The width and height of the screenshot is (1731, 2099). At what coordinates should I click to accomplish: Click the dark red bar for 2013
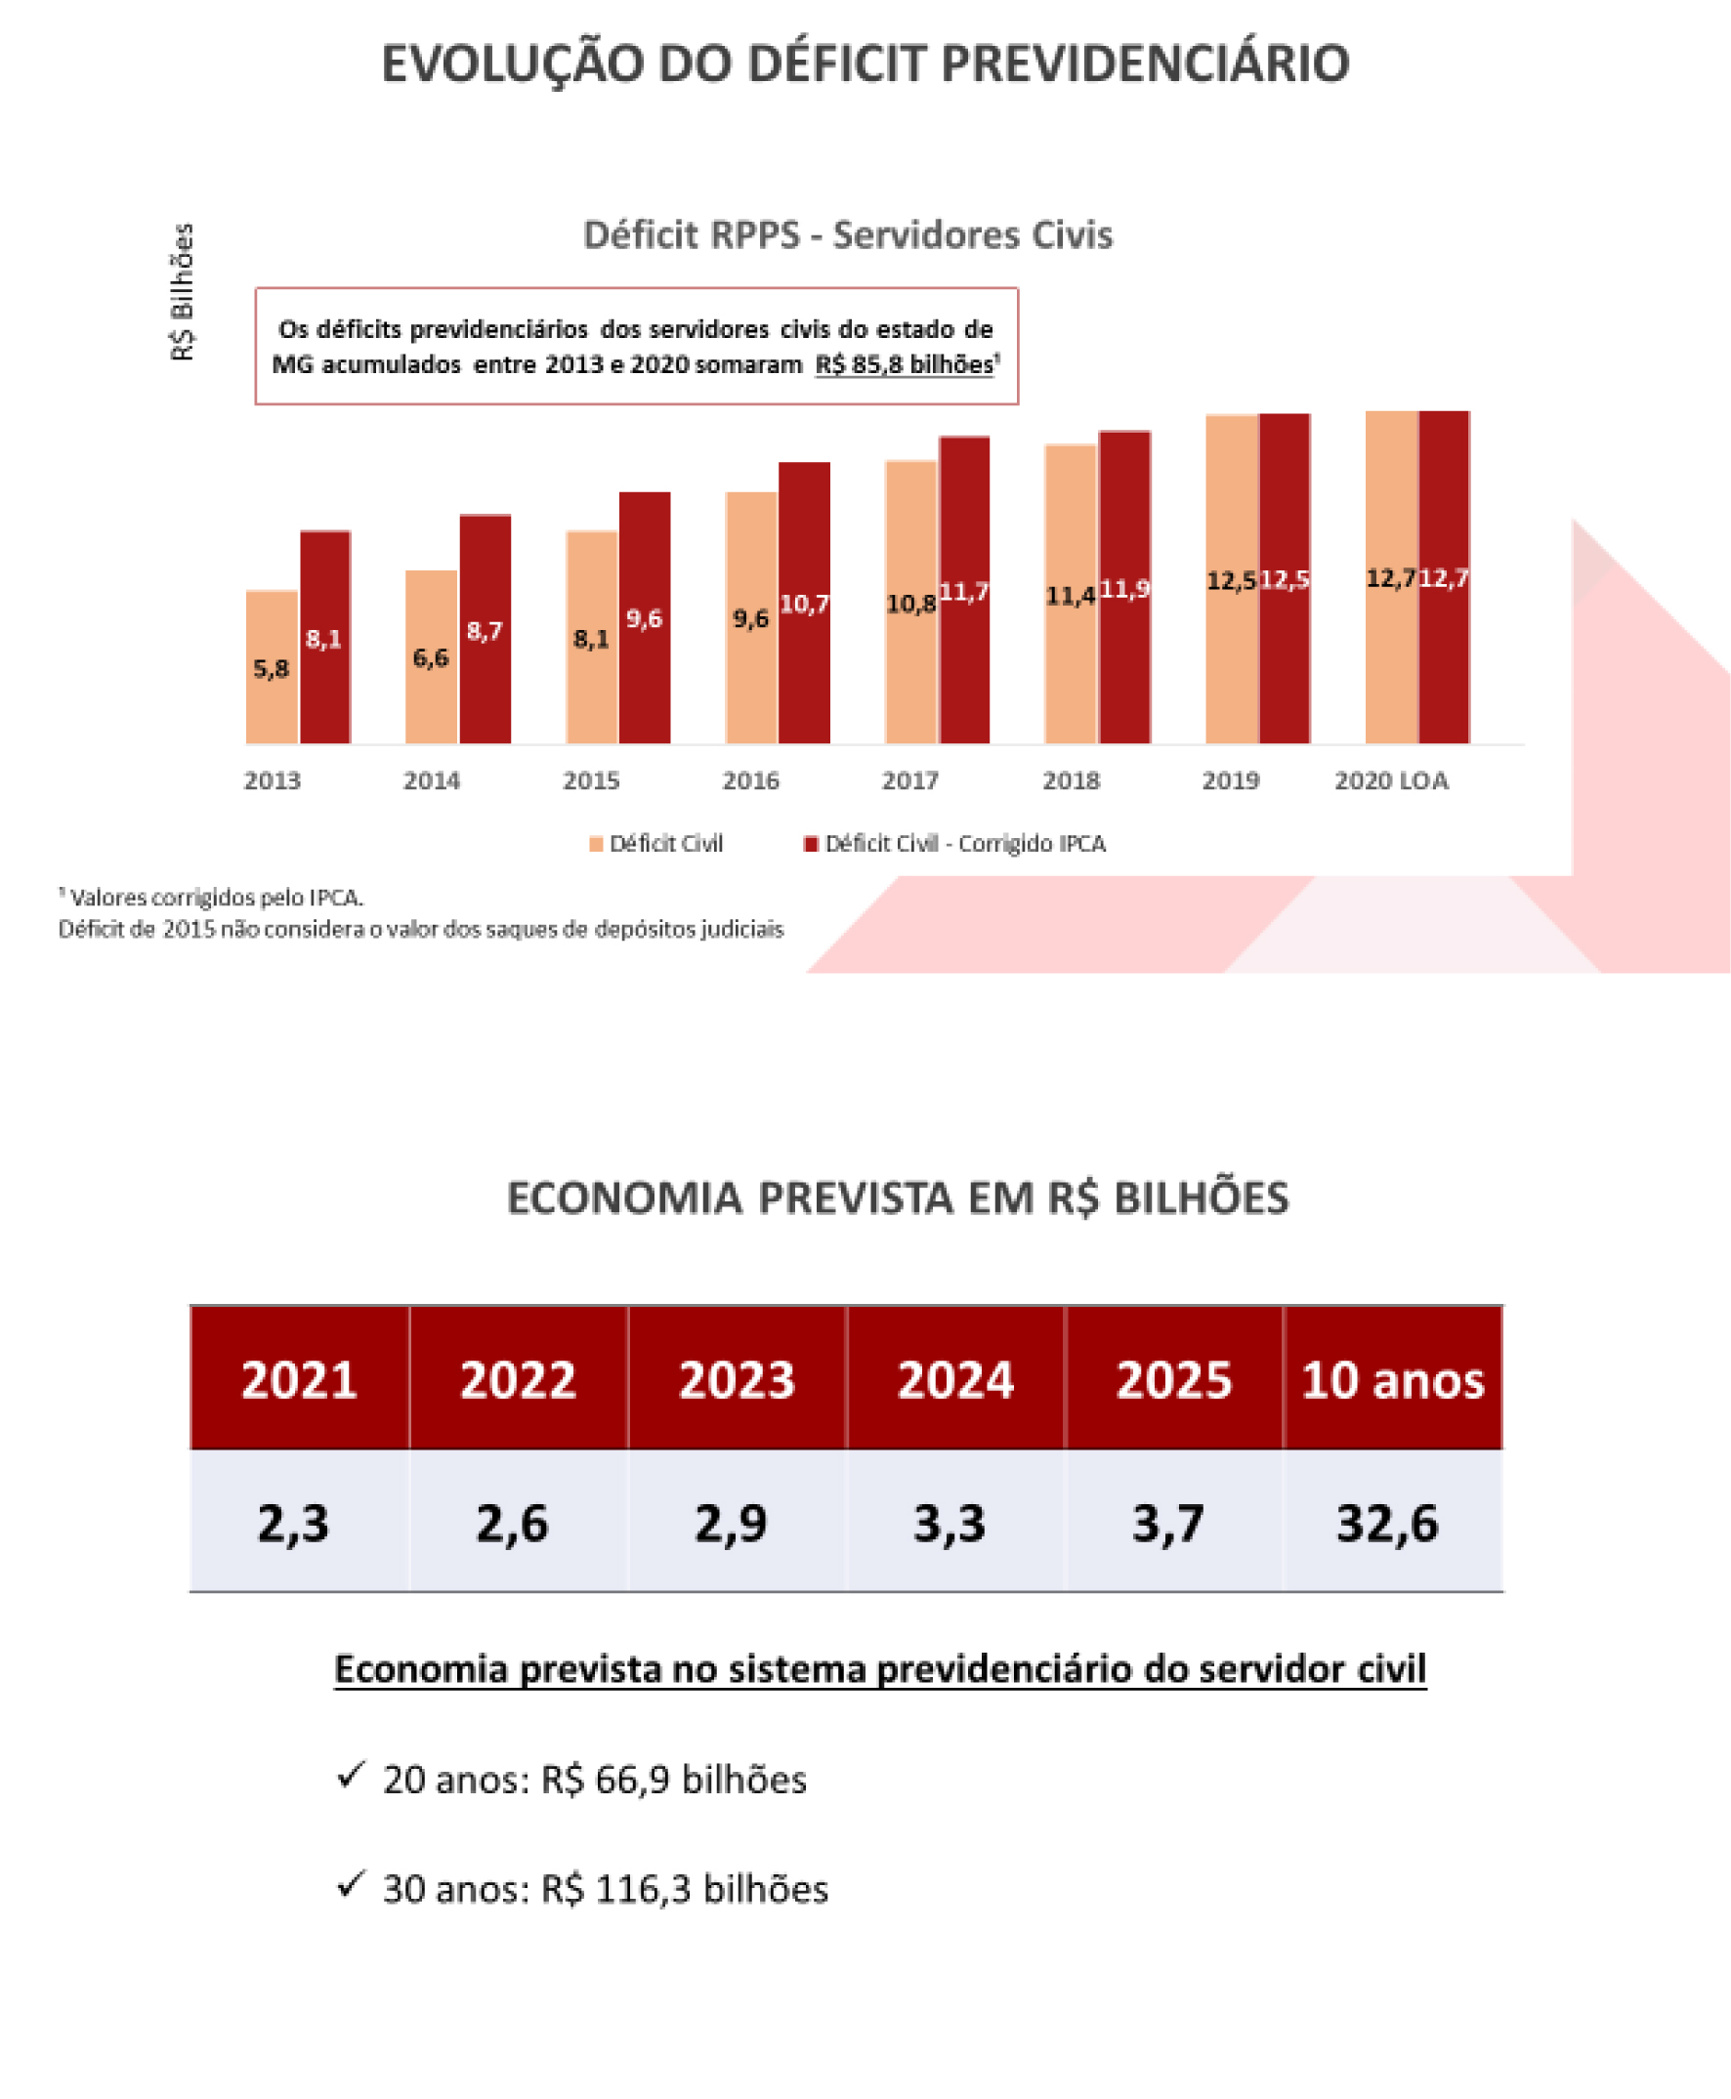pos(325,637)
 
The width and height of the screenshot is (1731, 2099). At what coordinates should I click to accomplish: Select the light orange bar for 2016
pos(751,618)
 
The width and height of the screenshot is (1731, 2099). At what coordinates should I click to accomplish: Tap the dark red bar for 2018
pos(1124,587)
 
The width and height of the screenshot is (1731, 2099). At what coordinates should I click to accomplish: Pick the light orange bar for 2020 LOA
pos(1391,577)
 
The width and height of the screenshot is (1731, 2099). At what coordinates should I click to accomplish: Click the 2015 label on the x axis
pos(591,780)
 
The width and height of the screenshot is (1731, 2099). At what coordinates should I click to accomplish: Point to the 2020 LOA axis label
pos(1391,780)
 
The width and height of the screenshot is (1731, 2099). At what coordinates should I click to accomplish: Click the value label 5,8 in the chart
pos(272,668)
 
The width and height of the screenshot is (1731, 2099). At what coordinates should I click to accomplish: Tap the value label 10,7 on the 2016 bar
pos(805,605)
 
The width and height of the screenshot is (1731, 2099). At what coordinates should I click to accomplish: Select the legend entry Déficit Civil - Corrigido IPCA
pos(955,844)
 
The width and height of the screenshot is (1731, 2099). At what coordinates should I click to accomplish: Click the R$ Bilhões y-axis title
pos(183,292)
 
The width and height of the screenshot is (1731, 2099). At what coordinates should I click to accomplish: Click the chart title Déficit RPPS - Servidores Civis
pos(848,235)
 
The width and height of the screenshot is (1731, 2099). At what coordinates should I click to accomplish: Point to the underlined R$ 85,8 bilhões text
pos(905,364)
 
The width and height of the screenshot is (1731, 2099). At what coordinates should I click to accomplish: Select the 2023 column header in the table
pos(737,1380)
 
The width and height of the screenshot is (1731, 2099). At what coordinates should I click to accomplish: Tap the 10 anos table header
pos(1393,1380)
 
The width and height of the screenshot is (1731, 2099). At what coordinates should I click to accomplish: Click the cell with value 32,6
pos(1387,1523)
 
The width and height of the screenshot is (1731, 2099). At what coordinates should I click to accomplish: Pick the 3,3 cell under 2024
pos(950,1523)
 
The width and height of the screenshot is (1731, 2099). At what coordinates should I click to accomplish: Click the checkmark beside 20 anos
pos(350,1774)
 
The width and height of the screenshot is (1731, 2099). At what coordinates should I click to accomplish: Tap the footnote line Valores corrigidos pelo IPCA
pos(212,898)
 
